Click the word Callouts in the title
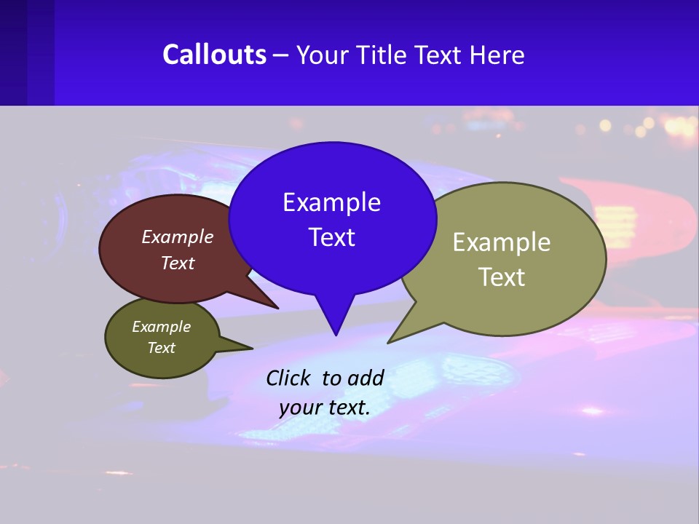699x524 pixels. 214,55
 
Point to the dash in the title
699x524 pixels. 281,55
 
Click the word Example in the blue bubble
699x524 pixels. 331,202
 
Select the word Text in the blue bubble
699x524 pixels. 331,237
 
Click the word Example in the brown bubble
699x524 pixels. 177,237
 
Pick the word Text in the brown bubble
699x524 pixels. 177,263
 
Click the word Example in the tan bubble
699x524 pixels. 502,242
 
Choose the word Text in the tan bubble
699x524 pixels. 502,277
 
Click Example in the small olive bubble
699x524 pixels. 161,327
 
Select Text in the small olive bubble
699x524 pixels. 161,348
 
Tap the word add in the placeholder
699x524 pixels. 366,378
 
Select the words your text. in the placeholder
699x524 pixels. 325,408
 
